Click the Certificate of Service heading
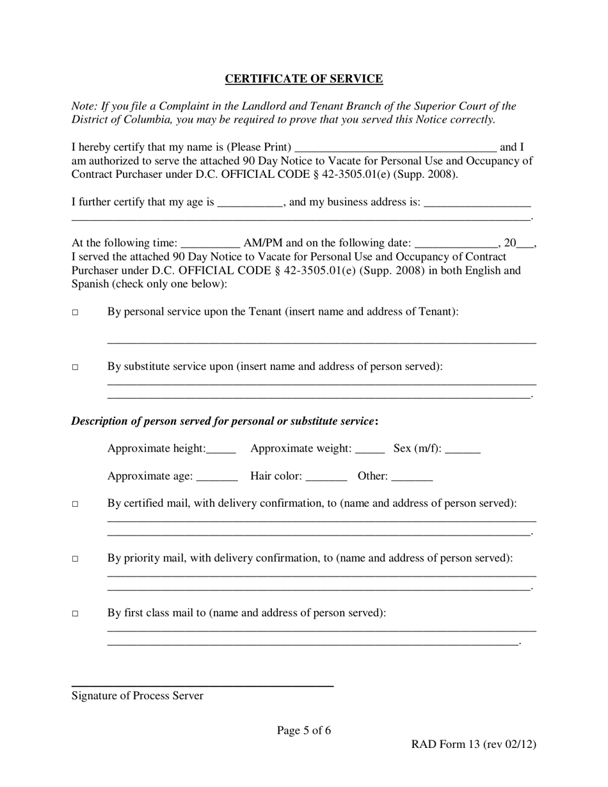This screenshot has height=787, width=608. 303,79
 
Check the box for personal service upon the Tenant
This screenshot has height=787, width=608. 75,313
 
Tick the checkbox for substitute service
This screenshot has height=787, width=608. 75,368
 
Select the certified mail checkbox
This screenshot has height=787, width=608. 75,504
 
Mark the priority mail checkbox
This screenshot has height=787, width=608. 75,559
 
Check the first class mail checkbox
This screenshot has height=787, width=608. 75,614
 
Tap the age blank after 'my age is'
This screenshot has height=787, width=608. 250,203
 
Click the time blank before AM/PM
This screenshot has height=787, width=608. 211,244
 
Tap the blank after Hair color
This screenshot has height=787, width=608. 326,477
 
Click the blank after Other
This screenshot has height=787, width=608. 412,477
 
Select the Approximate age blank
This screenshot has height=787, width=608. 217,477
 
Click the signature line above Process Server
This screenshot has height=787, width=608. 202,685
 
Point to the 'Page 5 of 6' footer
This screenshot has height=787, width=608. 304,731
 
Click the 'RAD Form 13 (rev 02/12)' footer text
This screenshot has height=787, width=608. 474,744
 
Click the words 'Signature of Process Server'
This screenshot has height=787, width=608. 138,696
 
